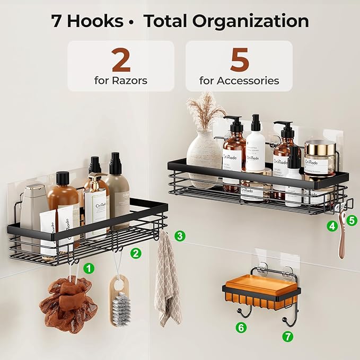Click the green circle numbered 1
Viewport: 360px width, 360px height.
click(x=89, y=268)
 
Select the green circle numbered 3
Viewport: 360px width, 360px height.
click(x=180, y=235)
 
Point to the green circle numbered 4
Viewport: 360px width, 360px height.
click(x=332, y=226)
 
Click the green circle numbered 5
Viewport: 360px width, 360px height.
click(x=352, y=218)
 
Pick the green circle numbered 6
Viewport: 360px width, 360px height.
click(x=241, y=328)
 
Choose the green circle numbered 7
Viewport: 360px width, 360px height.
click(x=287, y=336)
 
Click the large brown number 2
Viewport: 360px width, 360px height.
click(x=121, y=62)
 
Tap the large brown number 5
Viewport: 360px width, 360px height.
click(x=239, y=62)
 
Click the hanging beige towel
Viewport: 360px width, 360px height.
click(x=168, y=281)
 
